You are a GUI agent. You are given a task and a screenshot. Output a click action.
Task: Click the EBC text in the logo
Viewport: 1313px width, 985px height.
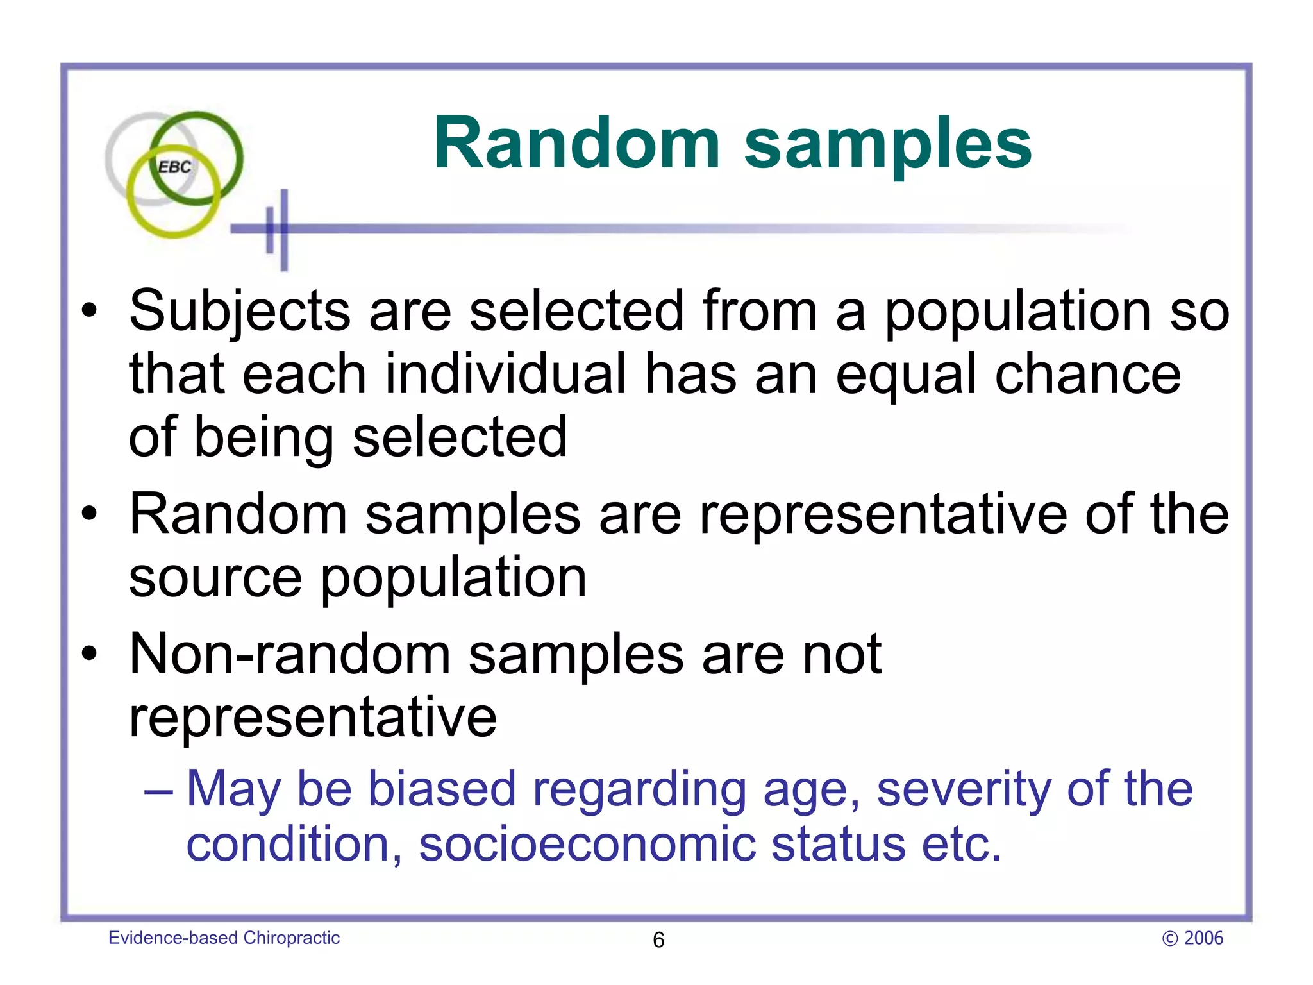pyautogui.click(x=174, y=167)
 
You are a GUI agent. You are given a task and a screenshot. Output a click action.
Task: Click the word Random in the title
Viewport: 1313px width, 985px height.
pyautogui.click(x=577, y=144)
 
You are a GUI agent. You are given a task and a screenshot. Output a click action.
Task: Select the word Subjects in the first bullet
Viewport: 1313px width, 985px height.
pyautogui.click(x=240, y=312)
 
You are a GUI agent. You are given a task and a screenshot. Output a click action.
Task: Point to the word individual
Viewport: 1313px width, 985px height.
pyautogui.click(x=505, y=375)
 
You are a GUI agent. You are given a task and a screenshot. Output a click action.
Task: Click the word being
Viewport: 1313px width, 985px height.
pyautogui.click(x=263, y=439)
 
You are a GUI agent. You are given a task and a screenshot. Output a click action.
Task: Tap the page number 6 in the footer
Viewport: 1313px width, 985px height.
pyautogui.click(x=658, y=940)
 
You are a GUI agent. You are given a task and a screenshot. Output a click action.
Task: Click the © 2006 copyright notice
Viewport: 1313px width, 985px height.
pyautogui.click(x=1192, y=938)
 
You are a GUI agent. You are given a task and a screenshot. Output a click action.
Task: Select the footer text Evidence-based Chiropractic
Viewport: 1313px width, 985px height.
pyautogui.click(x=224, y=938)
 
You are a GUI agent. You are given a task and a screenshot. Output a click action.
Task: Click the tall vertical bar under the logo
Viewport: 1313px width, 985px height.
pyautogui.click(x=284, y=230)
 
